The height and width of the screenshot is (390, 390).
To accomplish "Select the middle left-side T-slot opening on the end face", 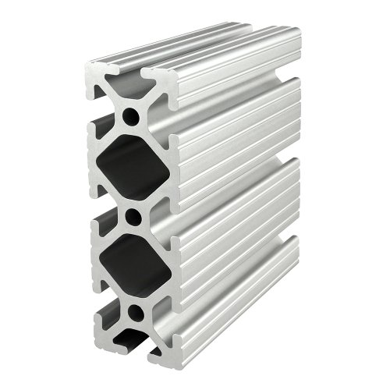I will pyautogui.click(x=98, y=211).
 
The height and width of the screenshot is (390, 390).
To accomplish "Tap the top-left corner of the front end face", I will pyautogui.click(x=88, y=65).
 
